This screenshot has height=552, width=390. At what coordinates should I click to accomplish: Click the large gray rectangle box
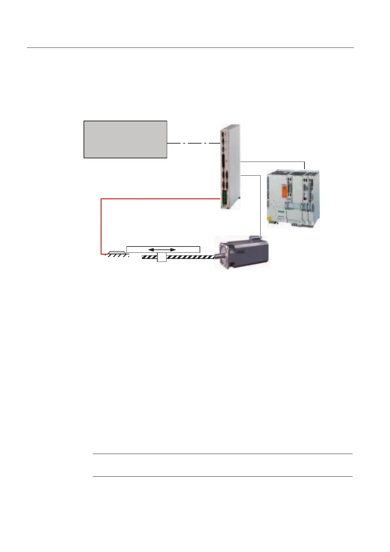point(125,139)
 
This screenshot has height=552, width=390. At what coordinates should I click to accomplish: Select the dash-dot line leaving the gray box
point(193,143)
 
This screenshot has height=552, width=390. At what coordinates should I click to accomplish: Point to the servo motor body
point(246,254)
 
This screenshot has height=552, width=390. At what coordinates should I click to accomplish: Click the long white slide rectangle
point(190,249)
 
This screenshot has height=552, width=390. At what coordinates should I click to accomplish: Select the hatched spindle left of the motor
point(190,258)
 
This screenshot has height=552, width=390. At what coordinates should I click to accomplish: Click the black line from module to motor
point(260,203)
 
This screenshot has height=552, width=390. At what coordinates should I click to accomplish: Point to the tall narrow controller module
point(231,167)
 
